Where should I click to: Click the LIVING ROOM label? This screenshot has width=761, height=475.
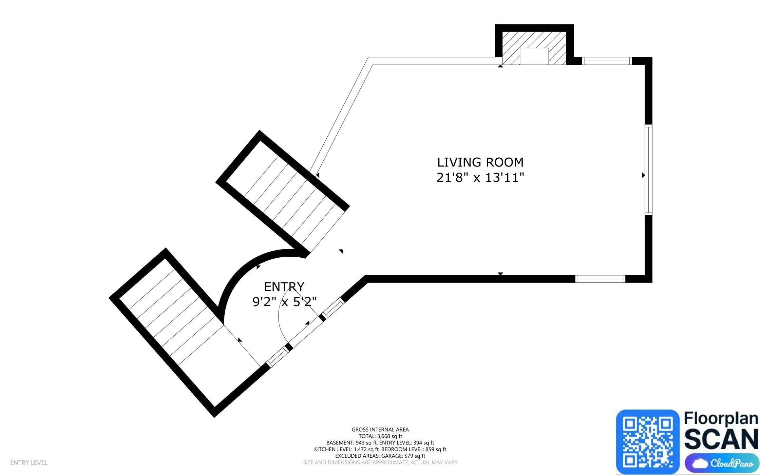click(480, 162)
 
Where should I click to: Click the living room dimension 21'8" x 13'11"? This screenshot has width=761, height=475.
click(480, 177)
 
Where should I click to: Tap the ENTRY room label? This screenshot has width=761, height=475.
click(284, 287)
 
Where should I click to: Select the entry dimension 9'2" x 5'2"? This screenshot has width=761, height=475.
click(284, 301)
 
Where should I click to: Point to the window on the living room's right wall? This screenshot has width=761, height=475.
click(648, 170)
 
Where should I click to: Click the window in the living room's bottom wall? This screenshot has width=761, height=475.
click(600, 279)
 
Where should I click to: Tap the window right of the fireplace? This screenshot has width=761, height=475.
click(607, 61)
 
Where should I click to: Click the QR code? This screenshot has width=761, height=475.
click(647, 441)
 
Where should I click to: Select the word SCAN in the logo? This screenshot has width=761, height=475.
click(721, 439)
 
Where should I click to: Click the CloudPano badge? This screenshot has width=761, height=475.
click(722, 463)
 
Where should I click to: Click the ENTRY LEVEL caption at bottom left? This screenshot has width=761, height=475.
click(29, 462)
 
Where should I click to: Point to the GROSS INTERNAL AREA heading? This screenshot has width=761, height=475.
click(380, 430)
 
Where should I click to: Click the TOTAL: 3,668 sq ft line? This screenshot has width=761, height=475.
click(380, 436)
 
